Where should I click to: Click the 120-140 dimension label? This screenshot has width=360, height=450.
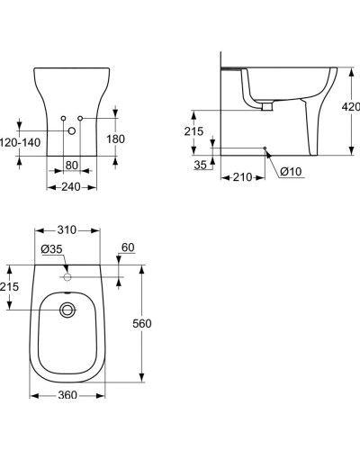18,142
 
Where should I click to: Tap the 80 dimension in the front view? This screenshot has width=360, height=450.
72,165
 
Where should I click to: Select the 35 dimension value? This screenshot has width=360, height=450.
199,165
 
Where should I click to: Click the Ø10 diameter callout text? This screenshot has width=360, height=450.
290,172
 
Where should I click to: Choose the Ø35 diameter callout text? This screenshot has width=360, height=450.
50,249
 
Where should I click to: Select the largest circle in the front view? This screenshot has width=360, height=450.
72,131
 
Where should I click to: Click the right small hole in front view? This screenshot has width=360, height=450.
80,118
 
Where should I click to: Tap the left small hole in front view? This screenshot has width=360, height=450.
64,118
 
